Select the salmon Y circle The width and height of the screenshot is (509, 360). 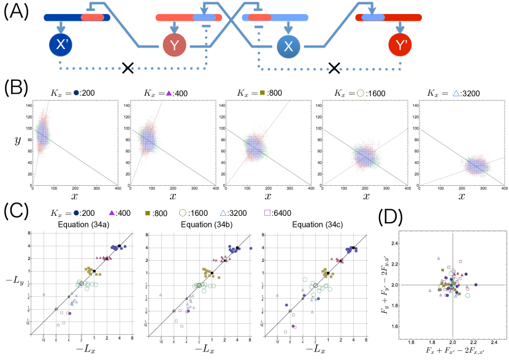[x=175, y=45]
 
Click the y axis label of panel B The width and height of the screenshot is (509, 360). [x=18, y=141]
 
